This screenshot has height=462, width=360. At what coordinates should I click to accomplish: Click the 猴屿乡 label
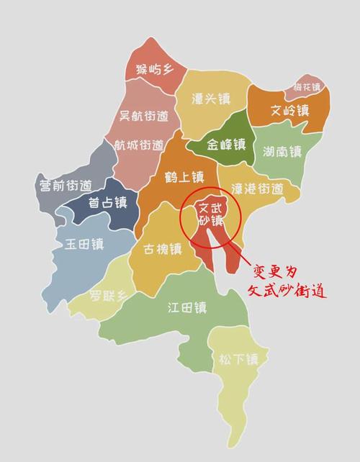(151, 71)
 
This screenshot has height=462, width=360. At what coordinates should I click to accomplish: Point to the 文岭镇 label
(289, 111)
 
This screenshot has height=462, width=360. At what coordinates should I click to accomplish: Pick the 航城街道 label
(141, 145)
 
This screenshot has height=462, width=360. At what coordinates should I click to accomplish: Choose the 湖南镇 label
(283, 152)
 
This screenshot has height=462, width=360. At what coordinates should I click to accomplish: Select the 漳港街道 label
(256, 189)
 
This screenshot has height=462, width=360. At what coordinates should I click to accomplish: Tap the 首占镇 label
(107, 203)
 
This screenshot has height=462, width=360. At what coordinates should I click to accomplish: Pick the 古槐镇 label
(162, 250)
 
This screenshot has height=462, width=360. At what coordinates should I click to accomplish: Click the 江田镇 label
(187, 308)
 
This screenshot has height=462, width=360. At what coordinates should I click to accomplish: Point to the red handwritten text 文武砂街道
(287, 293)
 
